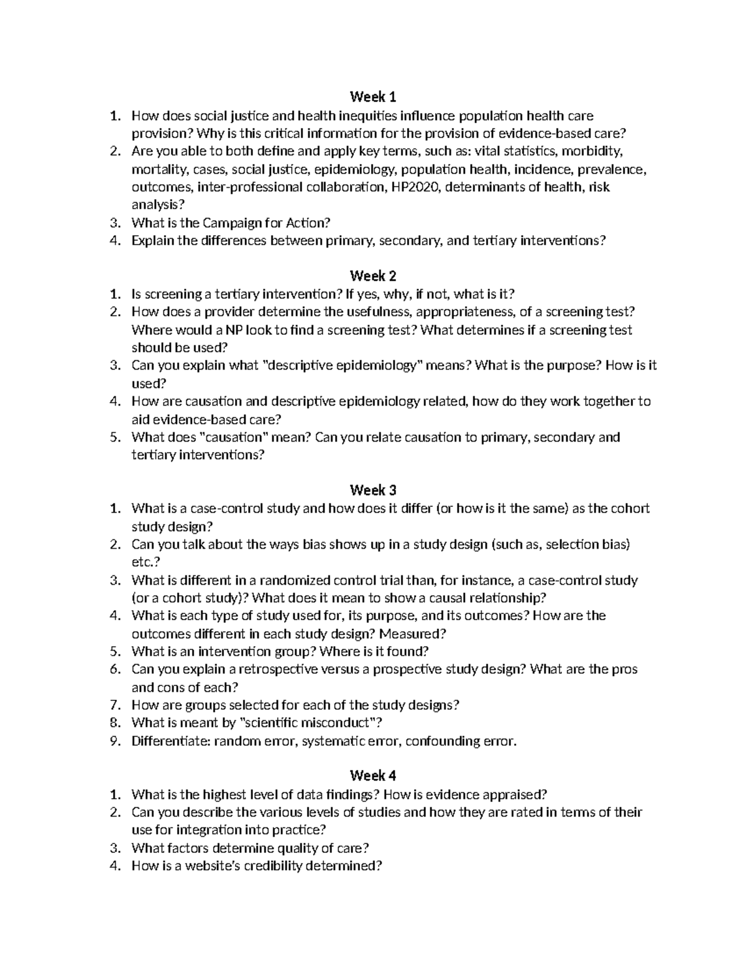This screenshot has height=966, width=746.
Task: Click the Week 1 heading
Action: pyautogui.click(x=373, y=97)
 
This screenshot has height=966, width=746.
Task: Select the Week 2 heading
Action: pyautogui.click(x=373, y=276)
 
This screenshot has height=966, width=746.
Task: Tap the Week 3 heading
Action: pyautogui.click(x=373, y=490)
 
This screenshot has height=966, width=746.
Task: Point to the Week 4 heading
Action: pyautogui.click(x=373, y=776)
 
